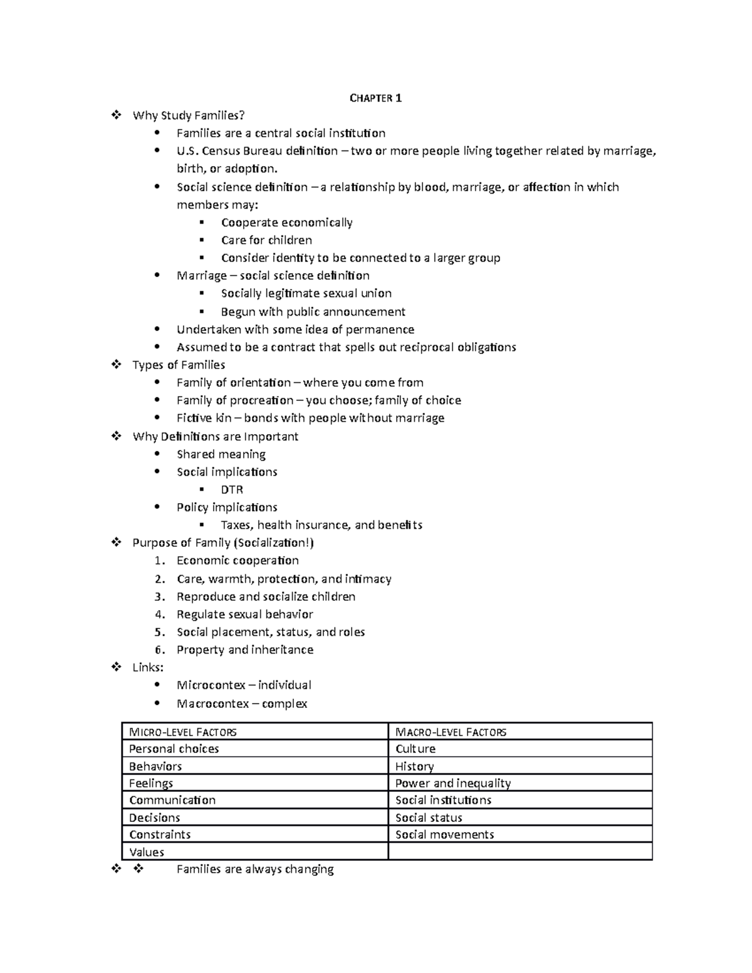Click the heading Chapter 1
[375, 98]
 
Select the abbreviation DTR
[232, 489]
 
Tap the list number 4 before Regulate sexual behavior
[160, 615]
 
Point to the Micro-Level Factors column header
[182, 732]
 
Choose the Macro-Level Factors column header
[451, 732]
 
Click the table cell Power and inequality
[453, 783]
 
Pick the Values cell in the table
[147, 852]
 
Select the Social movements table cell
[444, 835]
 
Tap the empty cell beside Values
[520, 852]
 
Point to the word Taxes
[237, 525]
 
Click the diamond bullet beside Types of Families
[116, 365]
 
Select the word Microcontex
[211, 685]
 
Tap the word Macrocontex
[213, 704]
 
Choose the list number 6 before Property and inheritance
[160, 650]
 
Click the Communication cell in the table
[172, 800]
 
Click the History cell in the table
[414, 766]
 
